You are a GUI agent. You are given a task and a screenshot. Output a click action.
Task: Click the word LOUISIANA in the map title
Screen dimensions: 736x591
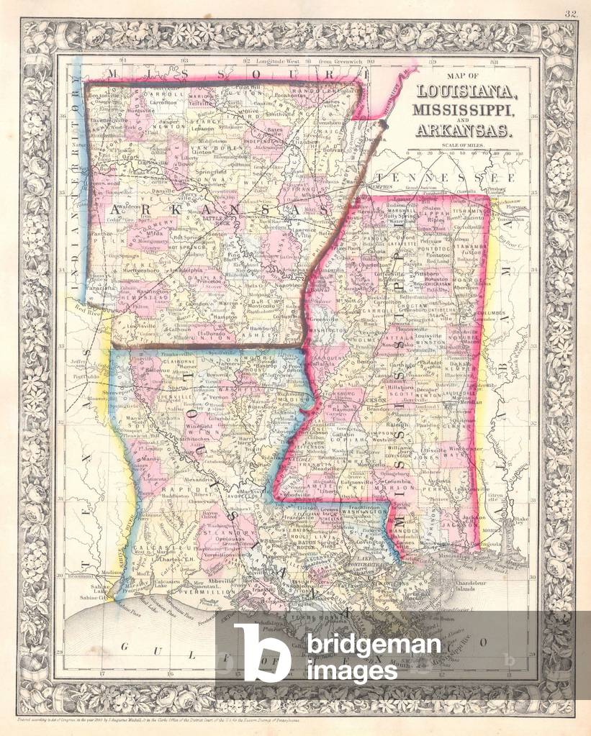click(x=465, y=92)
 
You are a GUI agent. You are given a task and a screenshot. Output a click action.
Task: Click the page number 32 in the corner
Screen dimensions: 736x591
click(x=571, y=14)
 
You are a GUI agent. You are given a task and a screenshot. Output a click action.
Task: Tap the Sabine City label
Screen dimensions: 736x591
click(x=96, y=597)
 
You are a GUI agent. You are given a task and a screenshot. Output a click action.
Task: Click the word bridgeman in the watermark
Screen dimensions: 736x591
click(x=374, y=645)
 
